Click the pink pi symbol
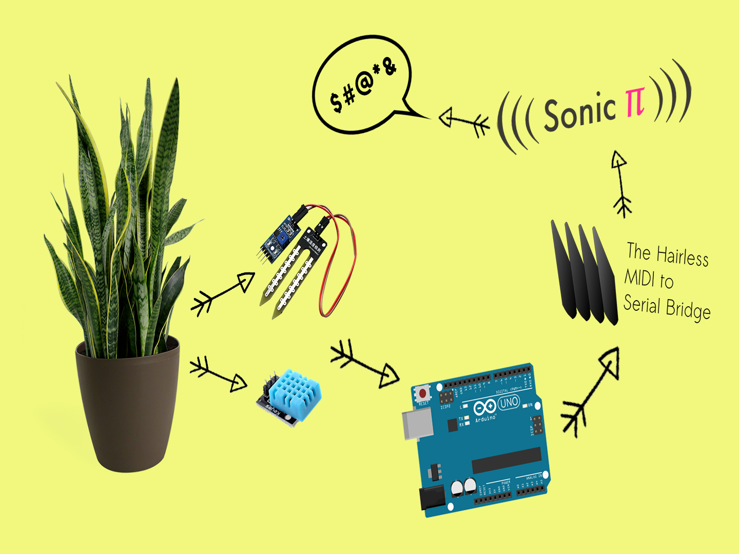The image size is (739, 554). coord(634,102)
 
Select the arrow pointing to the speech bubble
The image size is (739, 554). coord(464,121)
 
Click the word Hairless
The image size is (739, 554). coord(682,255)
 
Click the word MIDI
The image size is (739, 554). coord(639,278)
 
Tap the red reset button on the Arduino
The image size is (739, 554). coord(422,393)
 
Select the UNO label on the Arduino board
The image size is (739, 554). coord(509,403)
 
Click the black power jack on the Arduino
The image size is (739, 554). coord(433,498)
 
